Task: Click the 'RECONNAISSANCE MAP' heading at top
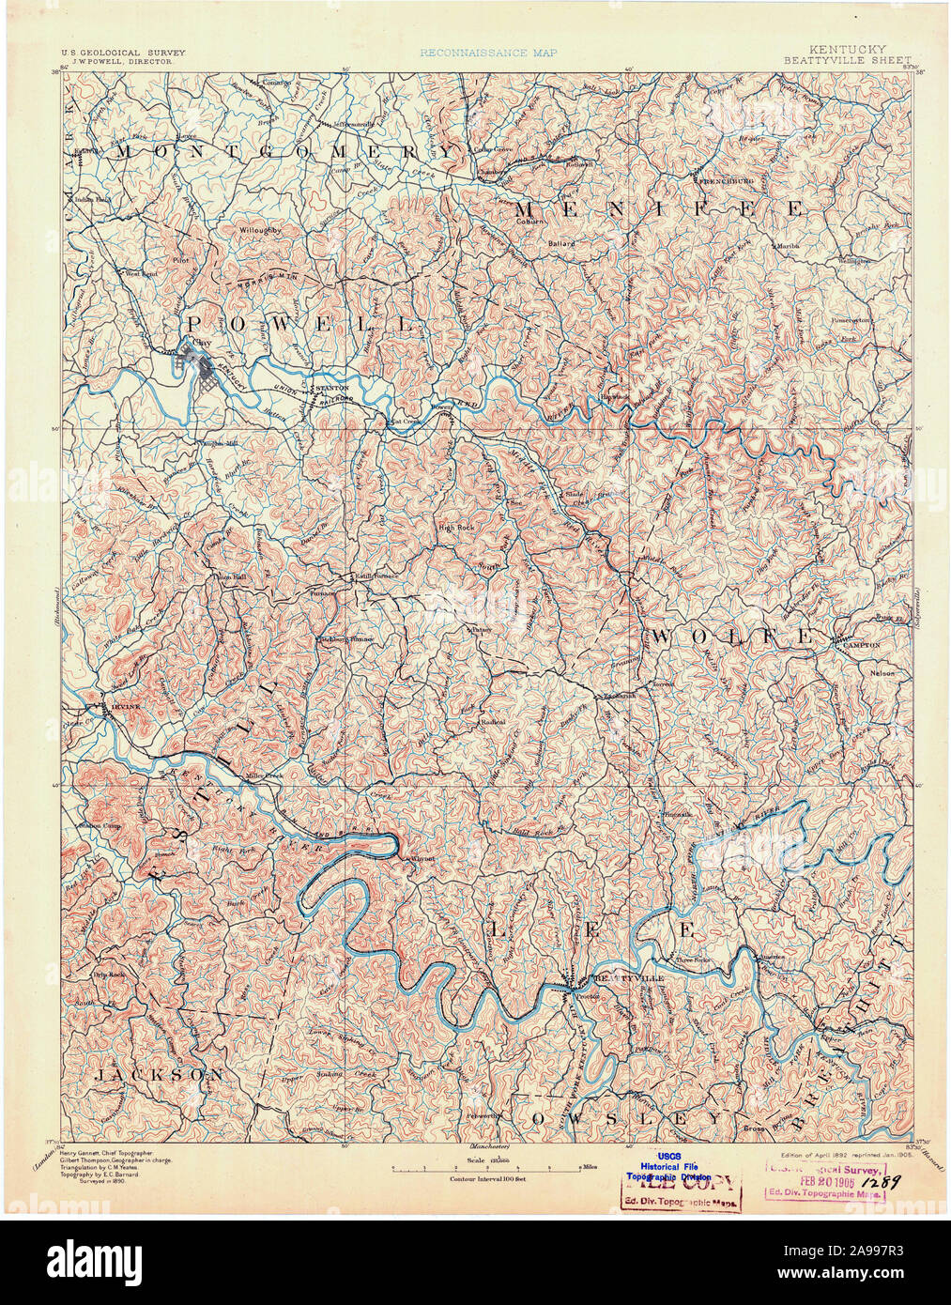pyautogui.click(x=487, y=54)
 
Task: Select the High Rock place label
pyautogui.click(x=455, y=527)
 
